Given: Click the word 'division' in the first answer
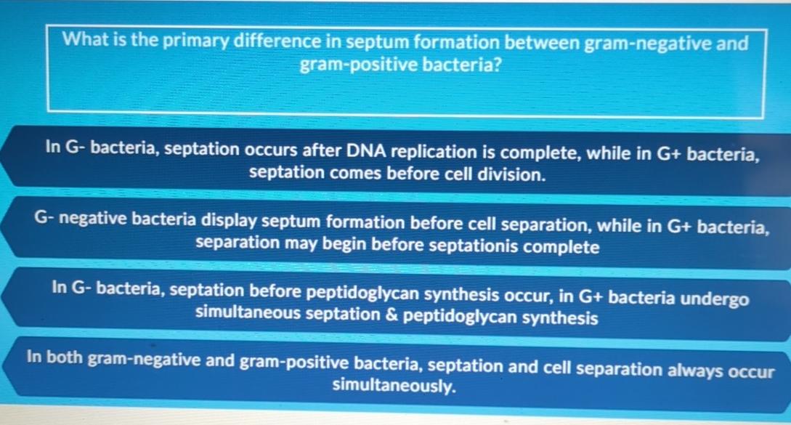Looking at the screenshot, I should click(511, 174).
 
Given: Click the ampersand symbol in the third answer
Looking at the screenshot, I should click(391, 317).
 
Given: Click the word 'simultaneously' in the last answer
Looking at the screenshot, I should click(394, 386).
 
